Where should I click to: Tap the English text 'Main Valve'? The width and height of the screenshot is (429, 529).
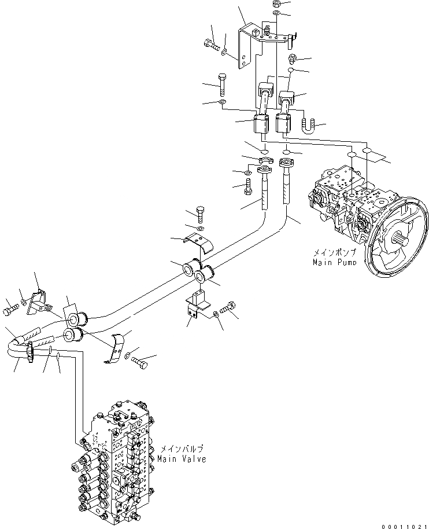point(181,459)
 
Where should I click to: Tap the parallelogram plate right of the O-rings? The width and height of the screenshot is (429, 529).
point(375,155)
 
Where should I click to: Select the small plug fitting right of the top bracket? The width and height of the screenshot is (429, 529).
point(292,58)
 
